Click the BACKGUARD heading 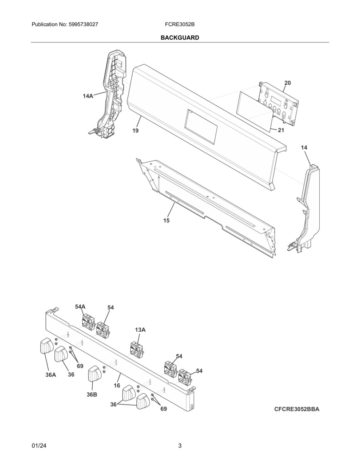pos(180,38)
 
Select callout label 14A pos(88,96)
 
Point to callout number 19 pos(135,131)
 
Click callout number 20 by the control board pos(288,83)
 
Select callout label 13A pos(141,330)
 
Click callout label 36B pos(92,394)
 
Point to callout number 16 pos(117,386)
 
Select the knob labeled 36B pos(95,375)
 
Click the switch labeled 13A pos(137,349)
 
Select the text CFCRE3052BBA pos(296,409)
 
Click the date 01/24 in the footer pos(39,446)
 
